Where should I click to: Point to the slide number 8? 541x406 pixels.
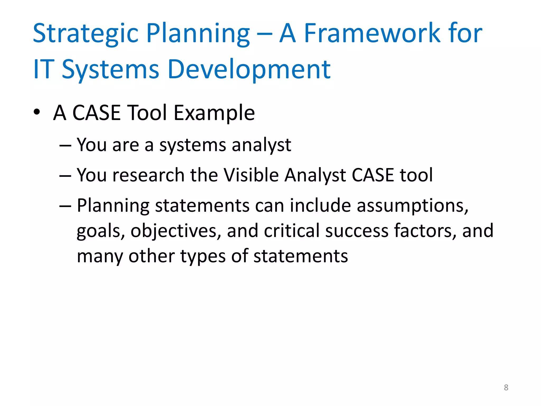[506, 387]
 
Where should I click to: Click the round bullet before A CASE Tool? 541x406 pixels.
[37, 112]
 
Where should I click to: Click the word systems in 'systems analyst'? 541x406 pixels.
[193, 145]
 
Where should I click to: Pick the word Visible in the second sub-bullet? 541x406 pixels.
[251, 175]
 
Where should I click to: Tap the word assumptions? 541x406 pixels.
[412, 206]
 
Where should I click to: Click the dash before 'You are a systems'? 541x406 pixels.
[65, 146]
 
